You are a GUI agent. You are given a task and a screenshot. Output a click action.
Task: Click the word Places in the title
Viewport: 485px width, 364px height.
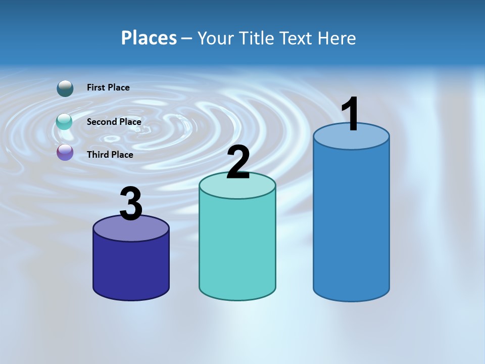pyautogui.click(x=149, y=38)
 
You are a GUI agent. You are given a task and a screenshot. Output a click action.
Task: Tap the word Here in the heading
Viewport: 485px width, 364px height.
pyautogui.click(x=337, y=38)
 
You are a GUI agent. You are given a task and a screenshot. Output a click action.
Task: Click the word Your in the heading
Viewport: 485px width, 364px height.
pyautogui.click(x=216, y=38)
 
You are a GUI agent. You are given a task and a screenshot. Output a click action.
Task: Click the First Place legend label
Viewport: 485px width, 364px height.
pyautogui.click(x=108, y=87)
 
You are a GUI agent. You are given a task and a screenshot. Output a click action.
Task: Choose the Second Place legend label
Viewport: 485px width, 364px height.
pyautogui.click(x=114, y=121)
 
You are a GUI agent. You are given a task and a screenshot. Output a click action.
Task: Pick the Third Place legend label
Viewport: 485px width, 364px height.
pyautogui.click(x=110, y=155)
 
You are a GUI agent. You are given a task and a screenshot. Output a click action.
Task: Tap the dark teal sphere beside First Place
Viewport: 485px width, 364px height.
pyautogui.click(x=65, y=88)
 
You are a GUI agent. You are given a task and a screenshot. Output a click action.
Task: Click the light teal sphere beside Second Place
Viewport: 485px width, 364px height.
pyautogui.click(x=65, y=122)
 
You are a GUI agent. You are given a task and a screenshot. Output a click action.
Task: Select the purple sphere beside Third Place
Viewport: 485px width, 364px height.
pyautogui.click(x=65, y=153)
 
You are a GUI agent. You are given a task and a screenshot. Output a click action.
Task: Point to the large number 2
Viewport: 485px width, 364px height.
pyautogui.click(x=238, y=162)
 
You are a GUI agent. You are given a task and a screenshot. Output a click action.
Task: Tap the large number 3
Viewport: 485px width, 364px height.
pyautogui.click(x=131, y=204)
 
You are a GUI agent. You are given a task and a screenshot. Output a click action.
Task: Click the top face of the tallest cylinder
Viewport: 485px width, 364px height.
pyautogui.click(x=351, y=139)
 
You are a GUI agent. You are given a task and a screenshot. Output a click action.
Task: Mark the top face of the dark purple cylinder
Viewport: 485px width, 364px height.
pyautogui.click(x=131, y=231)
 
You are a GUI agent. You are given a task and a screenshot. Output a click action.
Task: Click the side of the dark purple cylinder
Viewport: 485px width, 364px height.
pyautogui.click(x=131, y=268)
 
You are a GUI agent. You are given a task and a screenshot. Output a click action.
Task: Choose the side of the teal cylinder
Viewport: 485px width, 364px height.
pyautogui.click(x=237, y=248)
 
